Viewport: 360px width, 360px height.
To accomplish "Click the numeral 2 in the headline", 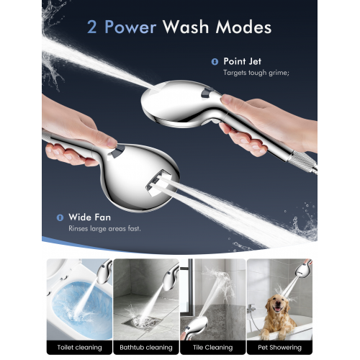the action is tap(92, 27).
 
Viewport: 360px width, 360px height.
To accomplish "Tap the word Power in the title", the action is tap(130, 27).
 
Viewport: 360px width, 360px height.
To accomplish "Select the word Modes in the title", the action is tap(243, 27).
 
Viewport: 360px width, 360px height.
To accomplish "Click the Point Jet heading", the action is tap(242, 61).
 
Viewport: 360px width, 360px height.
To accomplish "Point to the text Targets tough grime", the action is tap(256, 73).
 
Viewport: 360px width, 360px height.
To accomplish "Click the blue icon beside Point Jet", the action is tap(215, 62).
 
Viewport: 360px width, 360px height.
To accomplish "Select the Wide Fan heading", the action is tap(89, 217).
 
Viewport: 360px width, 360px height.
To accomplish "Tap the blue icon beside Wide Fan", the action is tap(60, 217).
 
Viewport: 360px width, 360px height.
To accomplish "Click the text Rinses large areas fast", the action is tap(104, 228).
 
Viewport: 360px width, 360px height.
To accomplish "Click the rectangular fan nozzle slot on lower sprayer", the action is tap(157, 181).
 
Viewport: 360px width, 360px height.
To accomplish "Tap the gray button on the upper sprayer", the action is tap(206, 92).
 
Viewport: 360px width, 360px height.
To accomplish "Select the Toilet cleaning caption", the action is tap(79, 348).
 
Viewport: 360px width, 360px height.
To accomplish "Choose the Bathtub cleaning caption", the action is tap(146, 348).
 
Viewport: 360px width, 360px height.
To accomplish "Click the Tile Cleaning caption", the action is tap(212, 348).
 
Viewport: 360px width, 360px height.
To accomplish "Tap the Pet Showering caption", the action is tap(279, 348).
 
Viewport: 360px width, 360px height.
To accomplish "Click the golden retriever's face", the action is tap(276, 304).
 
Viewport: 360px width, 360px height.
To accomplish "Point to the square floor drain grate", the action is tap(142, 323).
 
